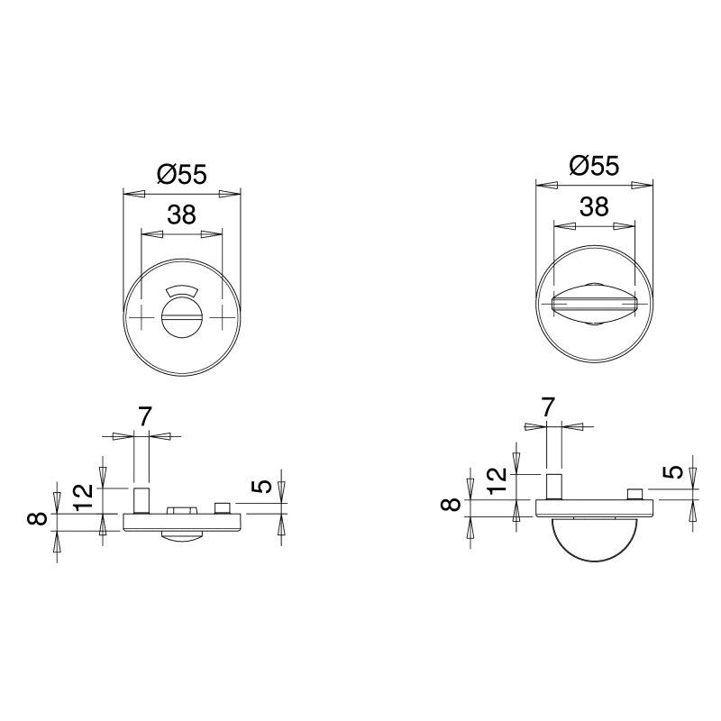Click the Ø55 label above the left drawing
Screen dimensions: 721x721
182,175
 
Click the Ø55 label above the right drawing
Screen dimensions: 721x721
594,166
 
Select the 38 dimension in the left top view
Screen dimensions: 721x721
182,214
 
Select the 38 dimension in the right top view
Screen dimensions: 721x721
594,206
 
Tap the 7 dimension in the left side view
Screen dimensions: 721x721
144,417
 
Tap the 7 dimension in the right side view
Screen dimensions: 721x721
548,407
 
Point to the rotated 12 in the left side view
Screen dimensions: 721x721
83,497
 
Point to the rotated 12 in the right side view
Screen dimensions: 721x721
497,480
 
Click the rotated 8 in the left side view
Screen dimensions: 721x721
37,519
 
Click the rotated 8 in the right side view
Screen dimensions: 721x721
450,505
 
